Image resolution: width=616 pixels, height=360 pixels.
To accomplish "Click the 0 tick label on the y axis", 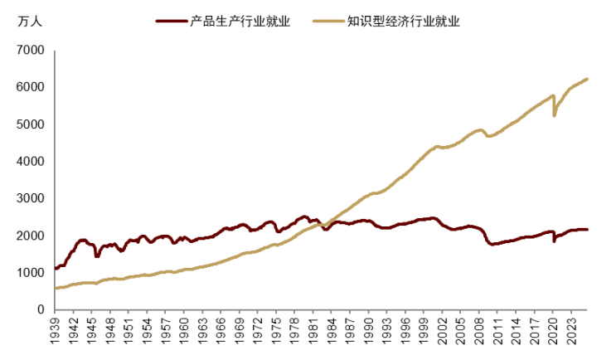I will coord(39,310).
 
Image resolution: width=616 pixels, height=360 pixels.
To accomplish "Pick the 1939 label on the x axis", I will coord(56,332).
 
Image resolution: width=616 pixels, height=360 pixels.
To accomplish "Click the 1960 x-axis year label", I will coord(183,332).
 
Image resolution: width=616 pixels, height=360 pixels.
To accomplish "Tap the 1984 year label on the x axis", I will coord(330,332).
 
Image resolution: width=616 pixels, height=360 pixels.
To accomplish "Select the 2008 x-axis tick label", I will coord(477,332).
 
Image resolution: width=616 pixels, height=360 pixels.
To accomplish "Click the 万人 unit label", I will coord(28,22).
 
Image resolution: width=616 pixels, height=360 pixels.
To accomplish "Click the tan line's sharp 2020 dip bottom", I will coord(554,115).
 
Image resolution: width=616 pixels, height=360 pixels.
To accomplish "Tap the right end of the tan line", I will coord(587,79).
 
